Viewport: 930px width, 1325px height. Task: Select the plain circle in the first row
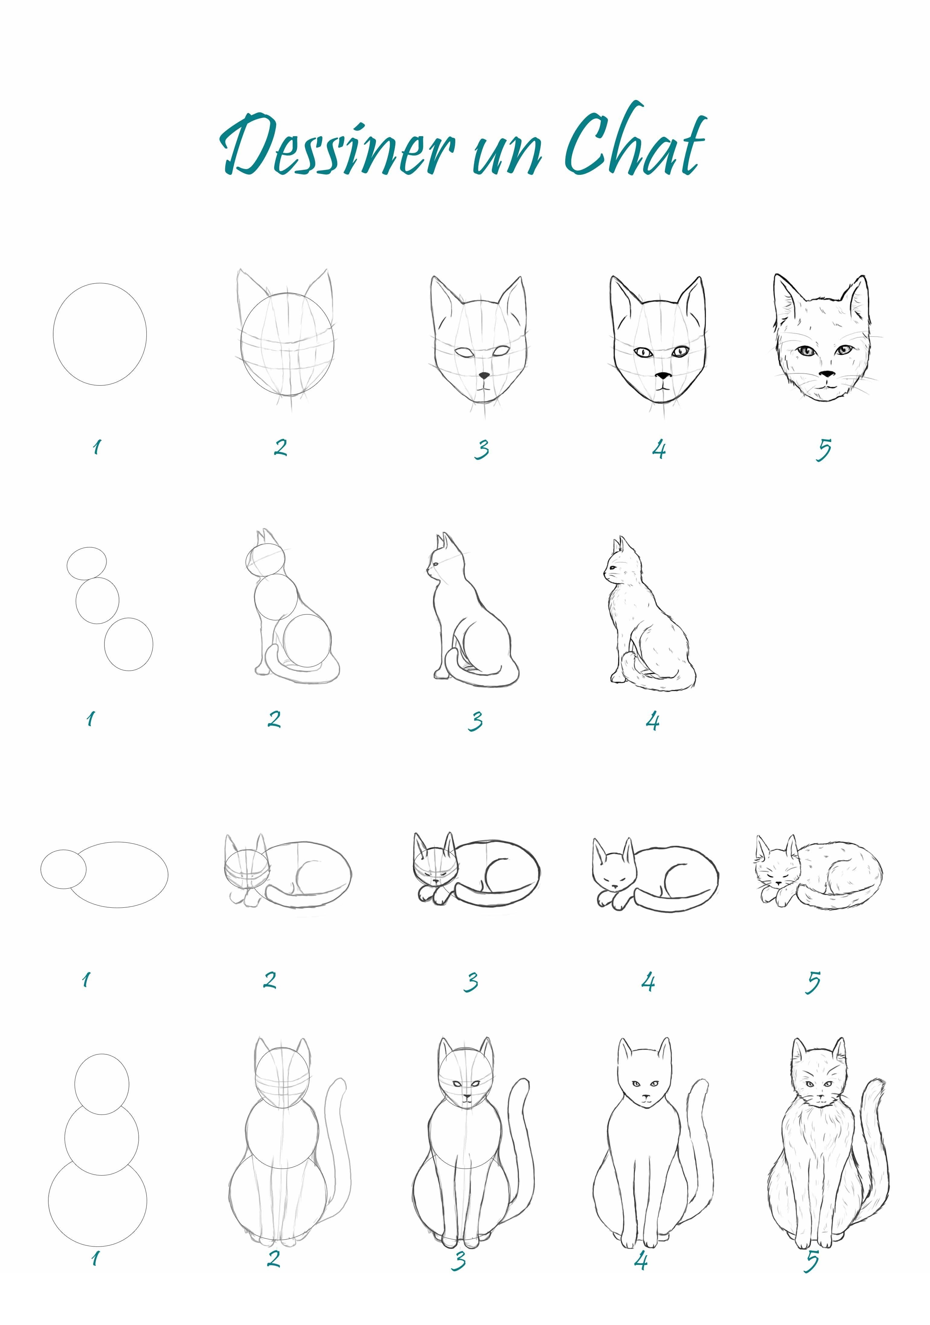click(x=54, y=335)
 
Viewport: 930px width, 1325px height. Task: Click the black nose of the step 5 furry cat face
click(x=827, y=374)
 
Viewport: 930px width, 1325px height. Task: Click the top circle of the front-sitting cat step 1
click(x=75, y=1084)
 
